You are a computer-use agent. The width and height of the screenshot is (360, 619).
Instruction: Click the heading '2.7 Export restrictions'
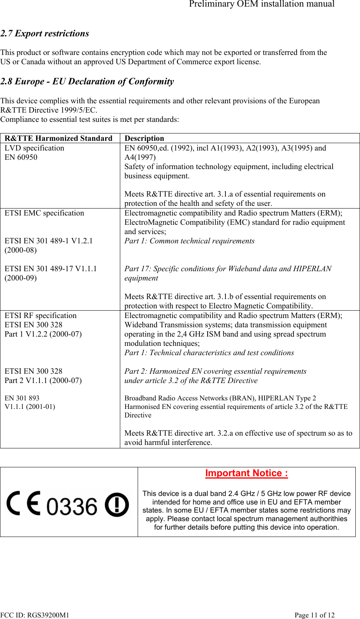coord(45,34)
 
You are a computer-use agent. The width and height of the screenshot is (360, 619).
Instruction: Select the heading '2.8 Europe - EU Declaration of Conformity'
coord(87,82)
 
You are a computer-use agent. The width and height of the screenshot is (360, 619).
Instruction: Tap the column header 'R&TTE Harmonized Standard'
coord(58,139)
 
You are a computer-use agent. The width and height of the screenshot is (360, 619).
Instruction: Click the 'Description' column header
coord(144,139)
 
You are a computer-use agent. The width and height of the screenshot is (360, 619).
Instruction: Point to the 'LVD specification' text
coord(34,148)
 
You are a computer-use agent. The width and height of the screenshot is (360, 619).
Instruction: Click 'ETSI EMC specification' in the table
coord(44,213)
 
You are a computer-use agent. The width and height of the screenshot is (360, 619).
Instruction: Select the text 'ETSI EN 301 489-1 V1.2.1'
coord(49,241)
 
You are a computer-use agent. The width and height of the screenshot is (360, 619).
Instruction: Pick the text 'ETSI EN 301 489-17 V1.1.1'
coord(51,269)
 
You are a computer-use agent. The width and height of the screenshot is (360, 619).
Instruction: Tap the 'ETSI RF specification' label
coord(41,316)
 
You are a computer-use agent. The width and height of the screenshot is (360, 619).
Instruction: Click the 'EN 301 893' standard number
coord(22,398)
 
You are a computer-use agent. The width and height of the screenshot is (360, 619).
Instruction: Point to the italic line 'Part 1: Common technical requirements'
coord(189,241)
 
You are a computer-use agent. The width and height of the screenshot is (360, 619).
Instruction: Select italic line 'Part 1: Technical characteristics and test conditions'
coord(209,353)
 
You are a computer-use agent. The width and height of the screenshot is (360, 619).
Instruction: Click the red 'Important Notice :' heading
coord(247,474)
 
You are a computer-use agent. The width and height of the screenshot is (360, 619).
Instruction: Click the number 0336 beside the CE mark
coord(72,507)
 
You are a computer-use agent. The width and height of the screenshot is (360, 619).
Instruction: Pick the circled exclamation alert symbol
coord(117,505)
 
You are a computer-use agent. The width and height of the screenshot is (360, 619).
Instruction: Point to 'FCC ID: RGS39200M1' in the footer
coord(35,615)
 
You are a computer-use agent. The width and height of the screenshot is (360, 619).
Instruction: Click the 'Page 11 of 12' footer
coord(314,615)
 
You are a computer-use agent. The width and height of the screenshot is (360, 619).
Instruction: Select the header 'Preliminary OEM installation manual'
coord(262,4)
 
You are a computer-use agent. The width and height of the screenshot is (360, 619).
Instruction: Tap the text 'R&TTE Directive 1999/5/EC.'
coord(49,110)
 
